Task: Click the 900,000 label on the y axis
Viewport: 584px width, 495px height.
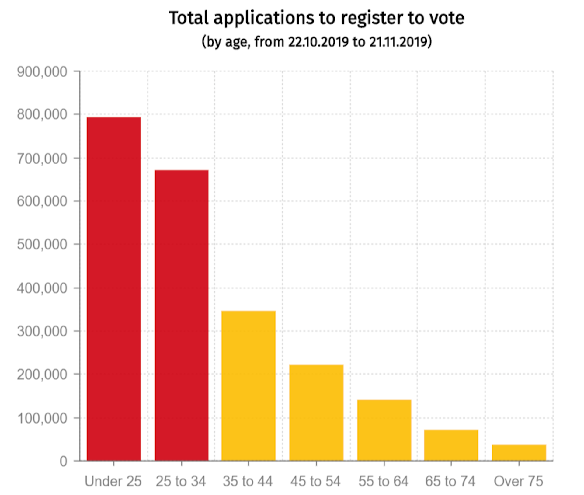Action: pyautogui.click(x=42, y=72)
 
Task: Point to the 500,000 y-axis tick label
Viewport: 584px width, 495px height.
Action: pyautogui.click(x=42, y=244)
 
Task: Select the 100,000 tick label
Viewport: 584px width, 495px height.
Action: pyautogui.click(x=42, y=418)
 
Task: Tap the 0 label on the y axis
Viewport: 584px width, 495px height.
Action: pyautogui.click(x=63, y=462)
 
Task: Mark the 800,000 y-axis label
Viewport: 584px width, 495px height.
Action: pyautogui.click(x=42, y=115)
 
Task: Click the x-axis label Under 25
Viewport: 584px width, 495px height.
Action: pyautogui.click(x=113, y=481)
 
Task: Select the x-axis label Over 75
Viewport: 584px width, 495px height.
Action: pyautogui.click(x=518, y=481)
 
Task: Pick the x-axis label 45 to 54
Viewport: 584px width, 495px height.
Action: pyautogui.click(x=315, y=481)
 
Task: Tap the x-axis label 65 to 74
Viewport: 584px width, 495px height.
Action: pyautogui.click(x=450, y=481)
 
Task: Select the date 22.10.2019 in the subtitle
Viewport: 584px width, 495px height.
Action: pyautogui.click(x=318, y=42)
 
